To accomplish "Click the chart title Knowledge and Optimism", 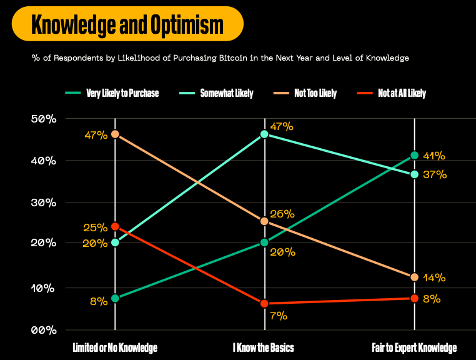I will pos(127,24).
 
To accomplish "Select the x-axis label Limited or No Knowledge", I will pos(115,347).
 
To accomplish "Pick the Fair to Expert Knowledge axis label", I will pos(414,347).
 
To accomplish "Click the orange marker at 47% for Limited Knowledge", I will pos(115,134).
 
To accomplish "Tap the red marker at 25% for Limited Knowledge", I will pos(115,226).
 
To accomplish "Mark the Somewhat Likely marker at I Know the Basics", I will pos(265,134).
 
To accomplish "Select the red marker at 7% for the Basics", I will pos(265,303).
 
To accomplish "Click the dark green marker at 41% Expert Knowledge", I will pos(414,156).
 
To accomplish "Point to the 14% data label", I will pos(434,277).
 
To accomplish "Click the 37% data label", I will pos(434,175).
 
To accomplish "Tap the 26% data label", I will pos(282,214).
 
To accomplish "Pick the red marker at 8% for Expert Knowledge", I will pos(414,298).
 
